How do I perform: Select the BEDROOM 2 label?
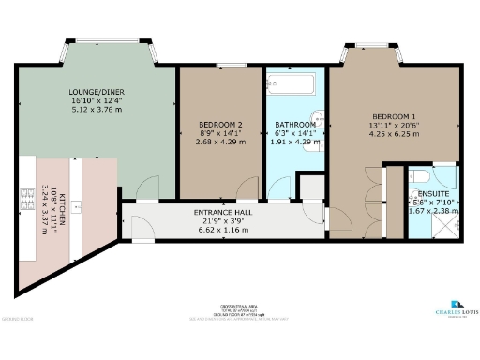coord(221,125)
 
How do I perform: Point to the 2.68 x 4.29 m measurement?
coord(221,142)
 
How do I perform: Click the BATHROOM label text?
coord(294,125)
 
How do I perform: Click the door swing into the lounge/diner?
coord(146,188)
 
